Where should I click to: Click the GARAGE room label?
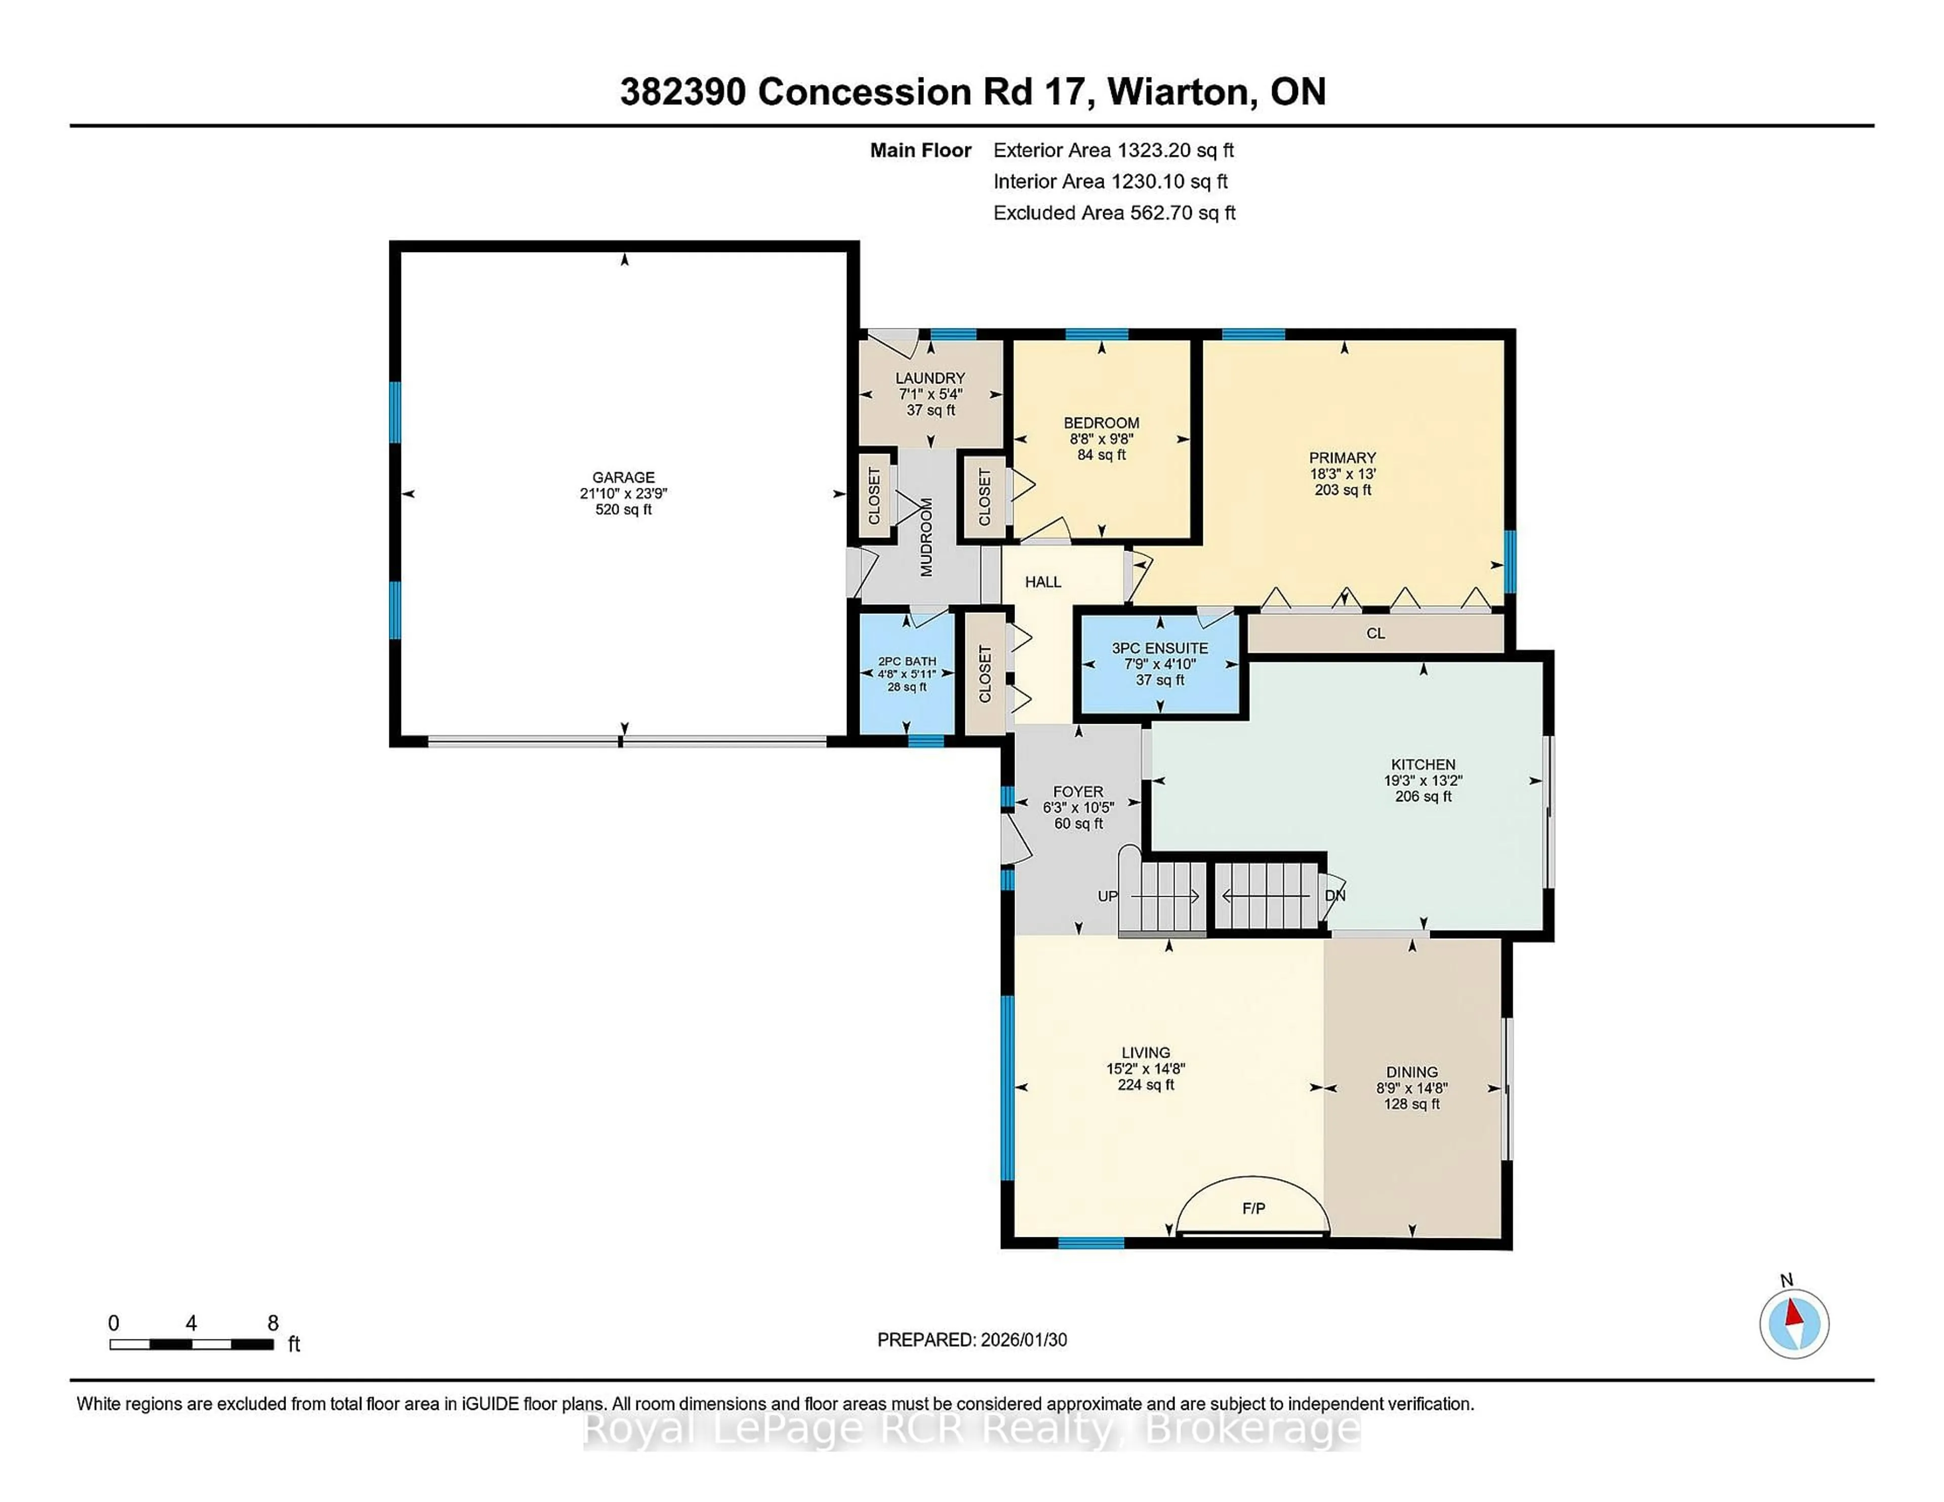(623, 478)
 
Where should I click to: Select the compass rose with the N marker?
(1794, 1324)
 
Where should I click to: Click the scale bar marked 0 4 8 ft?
(191, 1344)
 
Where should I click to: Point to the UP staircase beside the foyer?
(1162, 897)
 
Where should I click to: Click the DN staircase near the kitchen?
(1266, 896)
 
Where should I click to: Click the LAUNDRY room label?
(930, 378)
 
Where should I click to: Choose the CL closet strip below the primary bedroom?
(1375, 634)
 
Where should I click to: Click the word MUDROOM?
(926, 537)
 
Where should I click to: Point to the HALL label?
(1042, 582)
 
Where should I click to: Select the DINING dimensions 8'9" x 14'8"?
(1412, 1088)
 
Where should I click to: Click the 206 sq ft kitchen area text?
(1423, 797)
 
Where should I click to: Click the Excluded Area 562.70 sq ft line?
(1114, 213)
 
